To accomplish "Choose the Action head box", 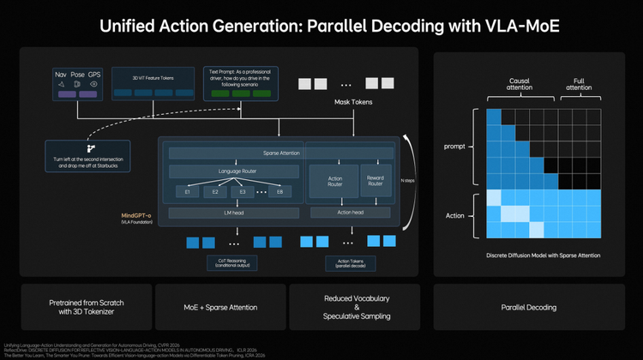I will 352,212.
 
